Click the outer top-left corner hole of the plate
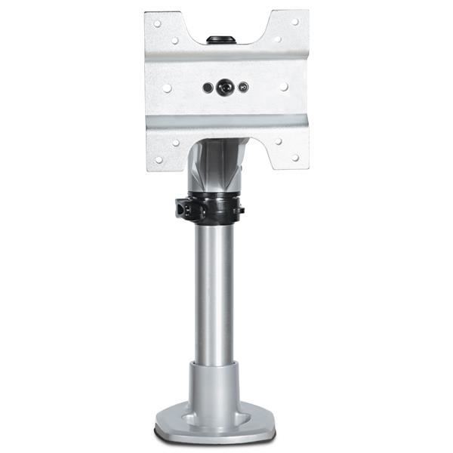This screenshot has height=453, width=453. point(157,23)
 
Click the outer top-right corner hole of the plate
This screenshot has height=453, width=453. point(294,22)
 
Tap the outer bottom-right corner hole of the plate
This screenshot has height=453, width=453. point(295,158)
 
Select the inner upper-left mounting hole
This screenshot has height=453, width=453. point(175,39)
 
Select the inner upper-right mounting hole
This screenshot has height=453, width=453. point(277,39)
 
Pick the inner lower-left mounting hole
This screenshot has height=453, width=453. point(175,141)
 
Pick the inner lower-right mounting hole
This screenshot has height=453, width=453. point(277,141)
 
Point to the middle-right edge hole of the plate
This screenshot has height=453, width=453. point(285,87)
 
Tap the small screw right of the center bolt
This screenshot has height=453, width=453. point(243,88)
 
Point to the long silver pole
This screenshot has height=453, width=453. point(214,294)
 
